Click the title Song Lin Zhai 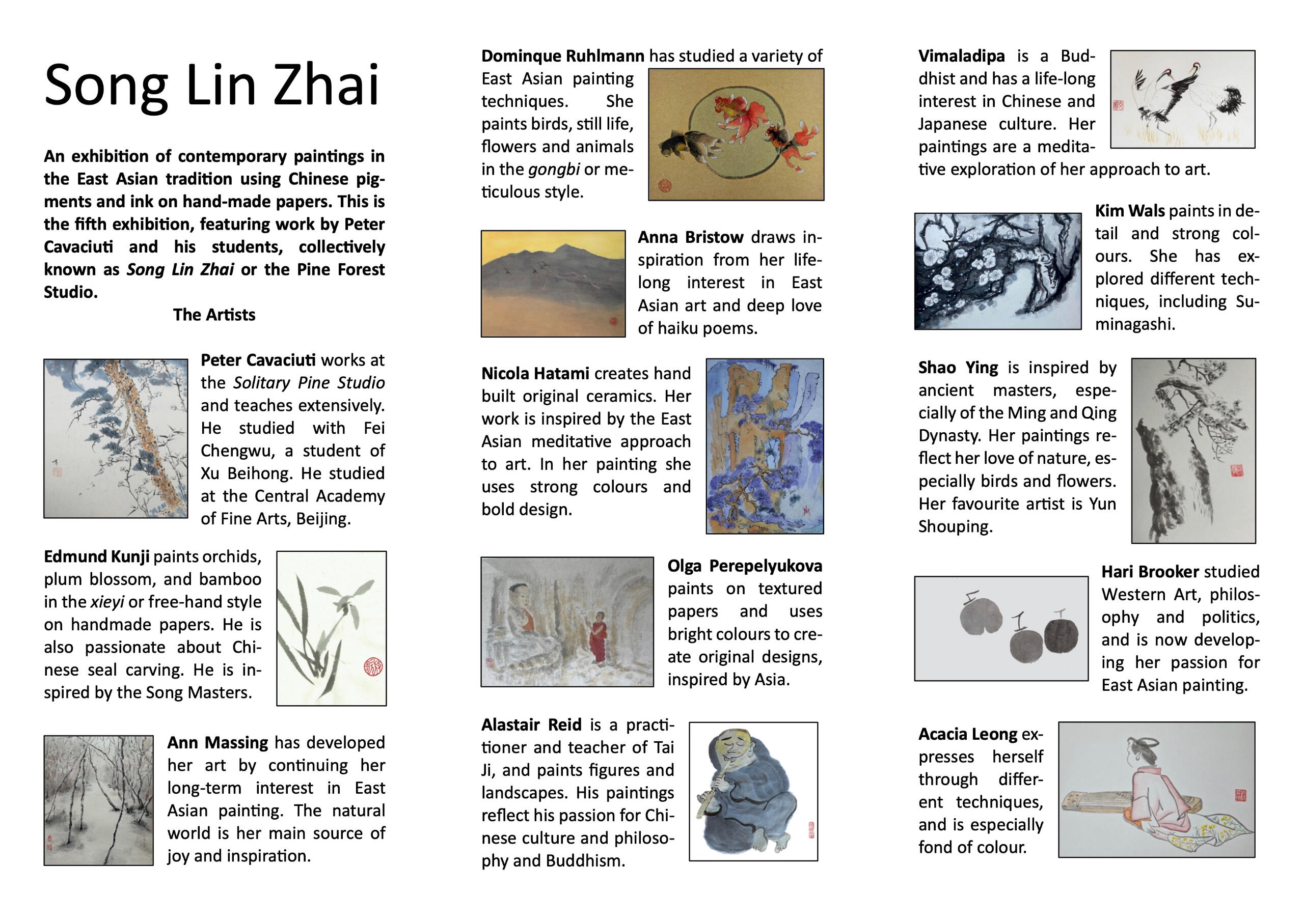tap(211, 85)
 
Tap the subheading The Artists tap(214, 315)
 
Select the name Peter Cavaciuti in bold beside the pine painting tap(258, 360)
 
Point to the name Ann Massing tap(218, 743)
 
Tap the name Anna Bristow tap(690, 237)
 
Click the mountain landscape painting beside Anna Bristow tap(553, 284)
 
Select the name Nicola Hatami tap(535, 374)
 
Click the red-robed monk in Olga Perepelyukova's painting tap(598, 635)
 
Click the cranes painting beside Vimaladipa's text tap(1182, 99)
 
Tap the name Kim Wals tap(1129, 211)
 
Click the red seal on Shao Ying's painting tap(1236, 470)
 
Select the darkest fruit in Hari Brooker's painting tap(1061, 635)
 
